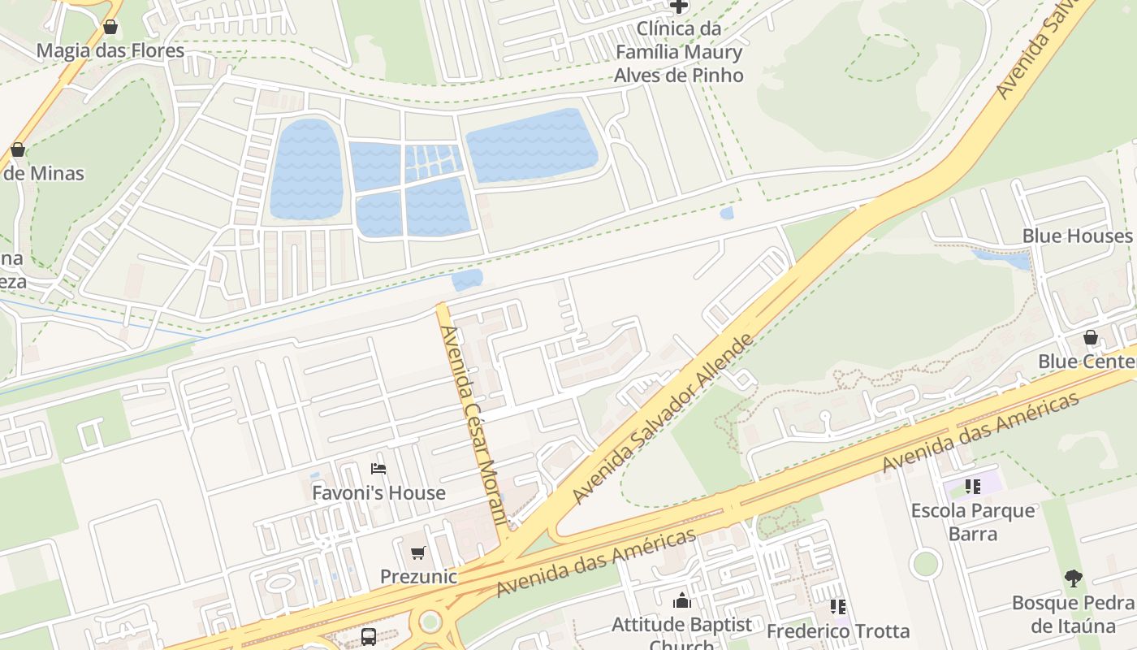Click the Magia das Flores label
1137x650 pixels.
pyautogui.click(x=110, y=50)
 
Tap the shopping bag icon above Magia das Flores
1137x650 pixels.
pyautogui.click(x=110, y=27)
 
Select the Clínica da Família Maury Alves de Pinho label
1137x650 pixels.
pyautogui.click(x=678, y=52)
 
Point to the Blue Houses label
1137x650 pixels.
pyautogui.click(x=1077, y=236)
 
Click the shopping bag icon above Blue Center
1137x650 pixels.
pyautogui.click(x=1091, y=337)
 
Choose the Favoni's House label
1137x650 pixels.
pyautogui.click(x=378, y=492)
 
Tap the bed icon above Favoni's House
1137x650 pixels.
pyautogui.click(x=378, y=469)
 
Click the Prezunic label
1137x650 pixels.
pyautogui.click(x=418, y=577)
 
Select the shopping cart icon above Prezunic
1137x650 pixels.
pyautogui.click(x=418, y=553)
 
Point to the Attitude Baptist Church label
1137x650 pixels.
pyautogui.click(x=682, y=626)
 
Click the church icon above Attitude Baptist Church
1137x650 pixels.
pyautogui.click(x=682, y=601)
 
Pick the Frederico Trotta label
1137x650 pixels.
pyautogui.click(x=838, y=630)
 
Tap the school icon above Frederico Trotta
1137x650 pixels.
pyautogui.click(x=838, y=607)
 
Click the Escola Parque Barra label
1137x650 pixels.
pyautogui.click(x=973, y=522)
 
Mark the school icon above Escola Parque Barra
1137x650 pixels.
pyautogui.click(x=973, y=487)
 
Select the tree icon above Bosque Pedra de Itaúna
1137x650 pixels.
pyautogui.click(x=1074, y=578)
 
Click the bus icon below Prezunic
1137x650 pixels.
pyautogui.click(x=369, y=636)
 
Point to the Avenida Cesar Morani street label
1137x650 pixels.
pyautogui.click(x=473, y=422)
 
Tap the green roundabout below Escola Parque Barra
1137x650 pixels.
pyautogui.click(x=925, y=563)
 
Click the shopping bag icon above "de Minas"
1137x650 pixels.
pyautogui.click(x=18, y=149)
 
